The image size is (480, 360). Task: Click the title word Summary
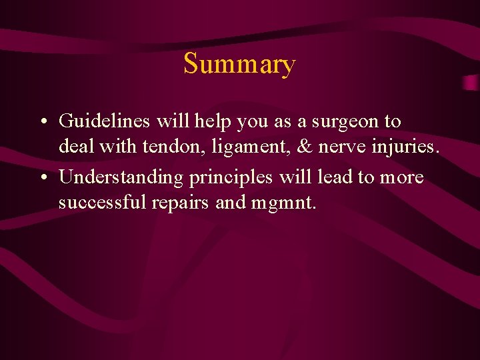click(239, 65)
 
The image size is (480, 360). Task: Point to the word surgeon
click(345, 123)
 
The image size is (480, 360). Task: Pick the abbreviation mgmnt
click(283, 203)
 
